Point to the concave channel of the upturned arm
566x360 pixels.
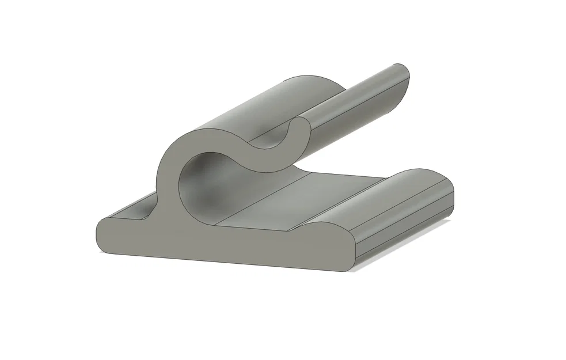(x=357, y=101)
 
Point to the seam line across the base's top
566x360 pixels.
(x=259, y=202)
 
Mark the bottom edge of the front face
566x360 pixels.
(x=230, y=263)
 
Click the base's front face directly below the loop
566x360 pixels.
(x=190, y=242)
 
